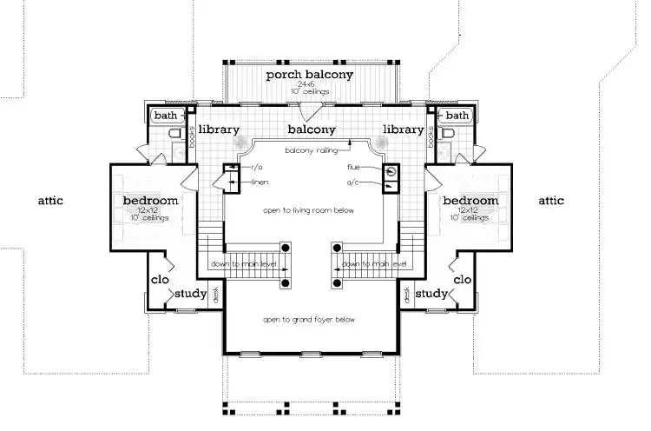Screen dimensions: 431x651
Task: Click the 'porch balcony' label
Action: pyautogui.click(x=310, y=75)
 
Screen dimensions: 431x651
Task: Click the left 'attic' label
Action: pyautogui.click(x=50, y=201)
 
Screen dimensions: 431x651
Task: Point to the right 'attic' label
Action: pyautogui.click(x=550, y=201)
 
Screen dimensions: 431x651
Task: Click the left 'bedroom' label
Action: pyautogui.click(x=150, y=201)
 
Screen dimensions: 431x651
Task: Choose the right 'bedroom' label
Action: pyautogui.click(x=470, y=201)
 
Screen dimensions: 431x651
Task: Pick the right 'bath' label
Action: pyautogui.click(x=457, y=116)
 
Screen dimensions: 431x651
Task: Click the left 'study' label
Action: pyautogui.click(x=190, y=294)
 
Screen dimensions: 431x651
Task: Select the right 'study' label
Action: pyautogui.click(x=430, y=294)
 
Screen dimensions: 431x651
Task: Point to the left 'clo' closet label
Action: pyautogui.click(x=159, y=280)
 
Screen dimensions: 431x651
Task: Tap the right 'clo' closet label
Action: pyautogui.click(x=462, y=280)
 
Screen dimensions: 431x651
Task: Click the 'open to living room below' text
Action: pyautogui.click(x=310, y=211)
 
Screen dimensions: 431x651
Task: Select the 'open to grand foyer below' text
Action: pyautogui.click(x=310, y=320)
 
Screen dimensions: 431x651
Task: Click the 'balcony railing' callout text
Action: pyautogui.click(x=310, y=150)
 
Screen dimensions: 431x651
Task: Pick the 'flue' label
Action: pyautogui.click(x=353, y=166)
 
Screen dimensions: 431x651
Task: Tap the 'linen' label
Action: pyautogui.click(x=258, y=182)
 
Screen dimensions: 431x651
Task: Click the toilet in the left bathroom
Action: pyautogui.click(x=174, y=135)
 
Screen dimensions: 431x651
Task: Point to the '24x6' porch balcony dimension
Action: pyautogui.click(x=310, y=85)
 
